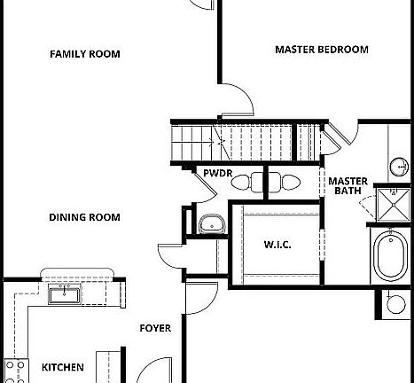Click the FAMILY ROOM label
pos(85,54)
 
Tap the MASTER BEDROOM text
pos(322,50)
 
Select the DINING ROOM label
pos(84,217)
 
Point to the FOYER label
pos(155,328)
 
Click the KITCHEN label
pos(63,367)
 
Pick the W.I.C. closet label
pos(277,245)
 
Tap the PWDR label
pos(218,173)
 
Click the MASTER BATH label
pos(348,186)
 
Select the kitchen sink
pos(65,294)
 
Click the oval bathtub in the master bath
pos(391,256)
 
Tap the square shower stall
pos(394,205)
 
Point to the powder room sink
pos(212,224)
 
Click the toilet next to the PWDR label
pos(245,182)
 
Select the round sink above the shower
pos(399,167)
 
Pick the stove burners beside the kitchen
pos(15,371)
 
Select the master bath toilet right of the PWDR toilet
pos(285,182)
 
